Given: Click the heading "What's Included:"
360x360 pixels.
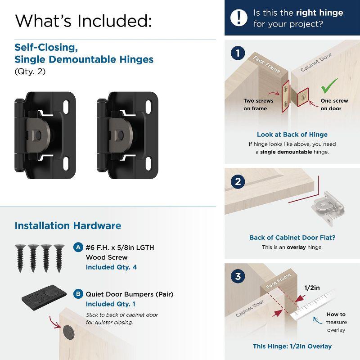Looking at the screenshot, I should [83, 20].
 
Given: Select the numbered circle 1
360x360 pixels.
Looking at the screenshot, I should [238, 54].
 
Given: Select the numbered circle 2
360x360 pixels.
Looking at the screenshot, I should [238, 182].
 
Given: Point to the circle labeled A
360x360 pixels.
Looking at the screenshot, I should [78, 247].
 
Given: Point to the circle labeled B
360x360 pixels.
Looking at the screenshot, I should [78, 294].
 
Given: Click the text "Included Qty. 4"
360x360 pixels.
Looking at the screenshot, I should [111, 267].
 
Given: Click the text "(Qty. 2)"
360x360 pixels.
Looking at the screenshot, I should [30, 71].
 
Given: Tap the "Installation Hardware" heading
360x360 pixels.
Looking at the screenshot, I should [68, 225].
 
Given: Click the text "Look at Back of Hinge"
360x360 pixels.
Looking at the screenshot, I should [292, 135].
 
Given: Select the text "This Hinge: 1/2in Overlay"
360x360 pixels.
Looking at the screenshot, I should [292, 346].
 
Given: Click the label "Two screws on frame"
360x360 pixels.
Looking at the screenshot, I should [258, 104].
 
